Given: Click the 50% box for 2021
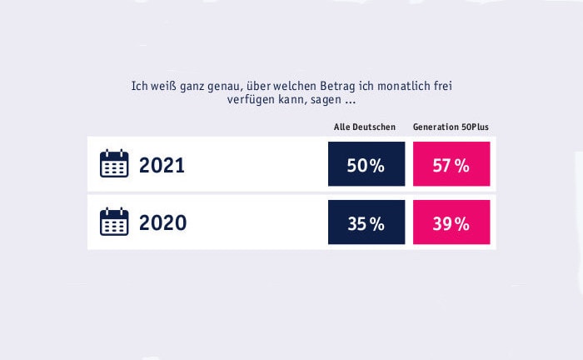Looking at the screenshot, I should coord(366,164).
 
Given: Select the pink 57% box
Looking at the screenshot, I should coord(451,164).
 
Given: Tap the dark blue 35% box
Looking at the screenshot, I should coord(366,222).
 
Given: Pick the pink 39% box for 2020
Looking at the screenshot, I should coord(451,222).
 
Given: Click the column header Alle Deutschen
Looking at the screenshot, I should coord(359,127).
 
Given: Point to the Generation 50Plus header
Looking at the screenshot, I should coord(451,127).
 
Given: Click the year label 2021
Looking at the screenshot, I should coord(162,165).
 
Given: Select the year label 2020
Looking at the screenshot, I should coord(162,223).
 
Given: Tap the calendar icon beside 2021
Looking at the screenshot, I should coord(114,164).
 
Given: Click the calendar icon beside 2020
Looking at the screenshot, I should coord(114,222).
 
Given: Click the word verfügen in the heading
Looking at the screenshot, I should coord(251,101).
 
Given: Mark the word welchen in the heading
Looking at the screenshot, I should coord(267,86).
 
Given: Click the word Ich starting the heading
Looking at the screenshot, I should coord(138,86).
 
